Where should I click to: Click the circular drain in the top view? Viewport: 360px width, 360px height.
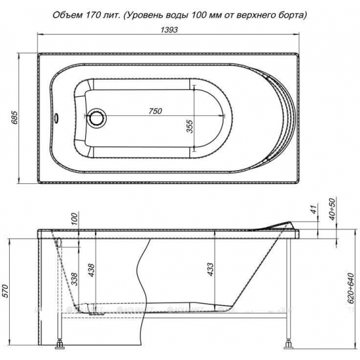click(x=99, y=118)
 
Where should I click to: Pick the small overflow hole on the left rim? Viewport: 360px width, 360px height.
click(x=57, y=118)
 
